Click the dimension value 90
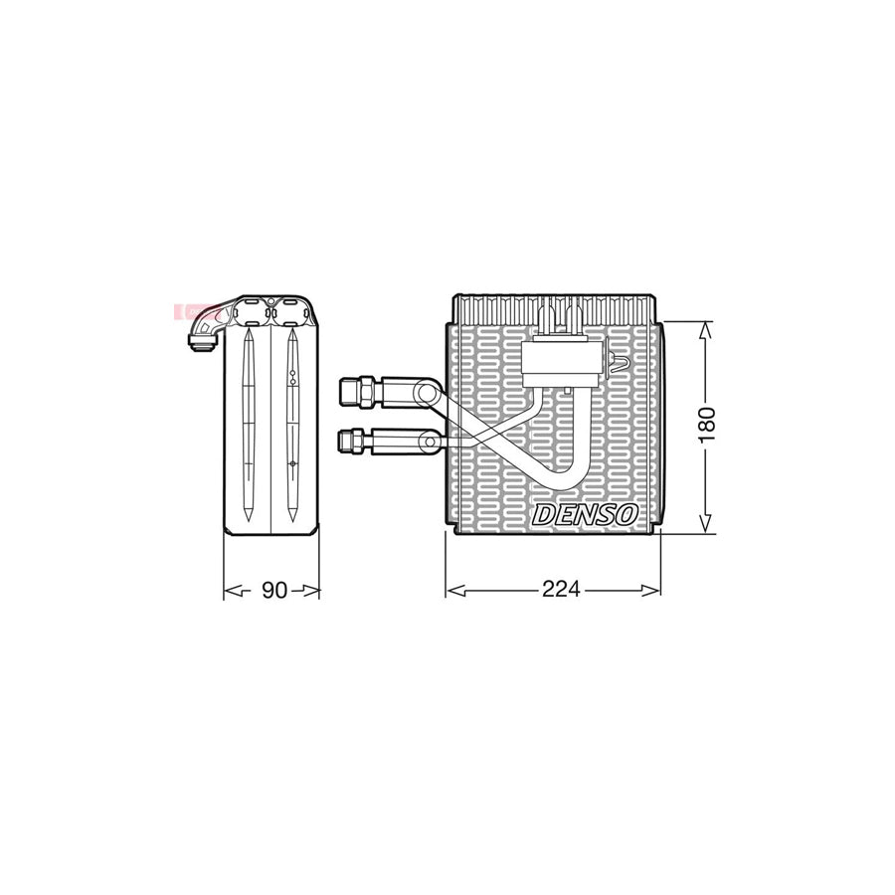pos(274,590)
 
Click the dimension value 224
pos(561,589)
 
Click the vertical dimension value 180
pos(707,425)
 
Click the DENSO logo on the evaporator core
pos(585,515)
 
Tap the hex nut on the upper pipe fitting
pos(366,392)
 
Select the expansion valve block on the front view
pos(562,362)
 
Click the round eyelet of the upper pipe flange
pos(424,393)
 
